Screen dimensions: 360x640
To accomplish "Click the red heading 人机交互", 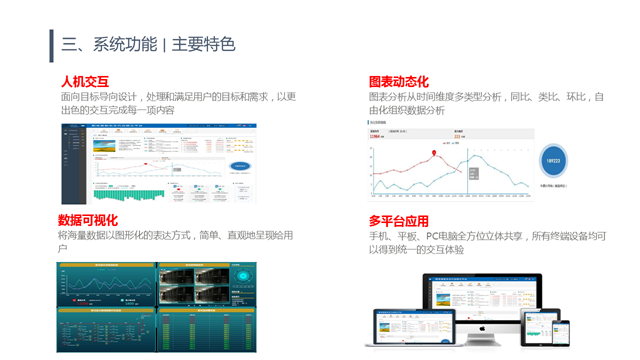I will pos(84,81).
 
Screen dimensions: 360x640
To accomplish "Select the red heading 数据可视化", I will pos(88,220).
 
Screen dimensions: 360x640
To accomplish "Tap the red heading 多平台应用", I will pos(398,220).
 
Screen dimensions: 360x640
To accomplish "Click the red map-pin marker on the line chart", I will pos(435,154).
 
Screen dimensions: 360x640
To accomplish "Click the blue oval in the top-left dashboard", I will pos(241,166).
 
